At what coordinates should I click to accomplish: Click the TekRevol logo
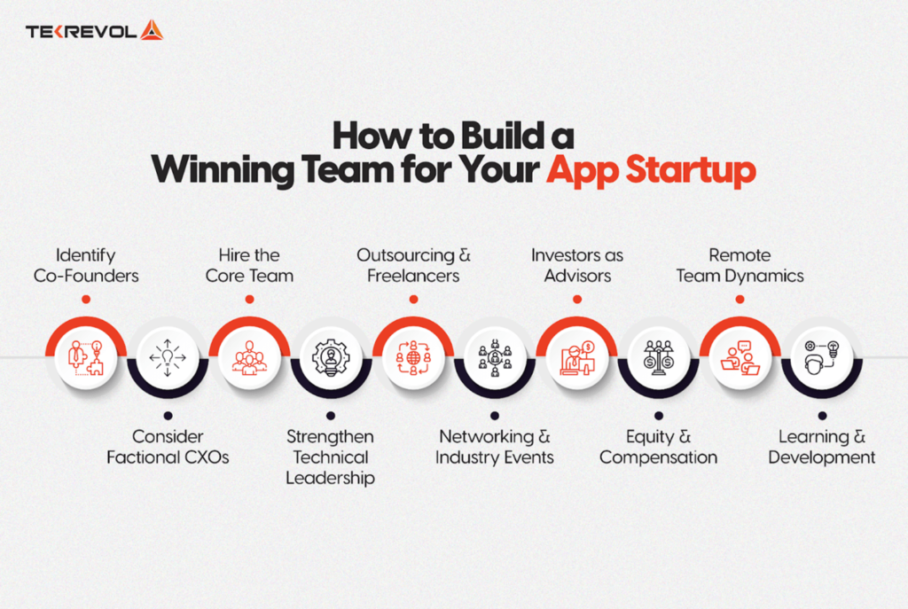click(94, 31)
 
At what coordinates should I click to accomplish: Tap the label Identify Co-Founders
click(86, 265)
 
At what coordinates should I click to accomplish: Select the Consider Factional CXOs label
click(168, 447)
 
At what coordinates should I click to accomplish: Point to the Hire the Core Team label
click(249, 265)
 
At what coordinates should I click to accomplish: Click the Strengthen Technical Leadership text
click(330, 457)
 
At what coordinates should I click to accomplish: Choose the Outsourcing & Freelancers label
click(413, 265)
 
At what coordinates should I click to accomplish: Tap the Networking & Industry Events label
click(494, 447)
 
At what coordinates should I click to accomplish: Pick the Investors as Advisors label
click(577, 265)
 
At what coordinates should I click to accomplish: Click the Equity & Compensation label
click(658, 447)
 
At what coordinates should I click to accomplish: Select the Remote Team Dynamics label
click(740, 265)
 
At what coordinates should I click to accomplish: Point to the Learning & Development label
click(822, 447)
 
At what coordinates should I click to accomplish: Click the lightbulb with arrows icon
click(168, 357)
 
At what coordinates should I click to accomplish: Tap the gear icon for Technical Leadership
click(331, 357)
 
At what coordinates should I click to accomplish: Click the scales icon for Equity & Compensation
click(658, 357)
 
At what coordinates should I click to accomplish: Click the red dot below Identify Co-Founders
click(86, 300)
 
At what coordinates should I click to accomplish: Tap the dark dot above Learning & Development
click(822, 415)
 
